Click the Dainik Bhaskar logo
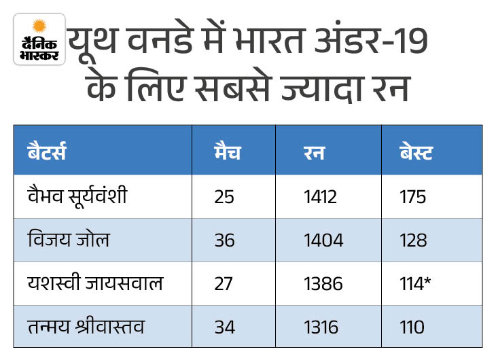pos(39,39)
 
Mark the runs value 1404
pos(324,240)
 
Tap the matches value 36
pos(224,240)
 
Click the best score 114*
pos(417,284)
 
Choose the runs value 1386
pos(324,284)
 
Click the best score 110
pos(413,327)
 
